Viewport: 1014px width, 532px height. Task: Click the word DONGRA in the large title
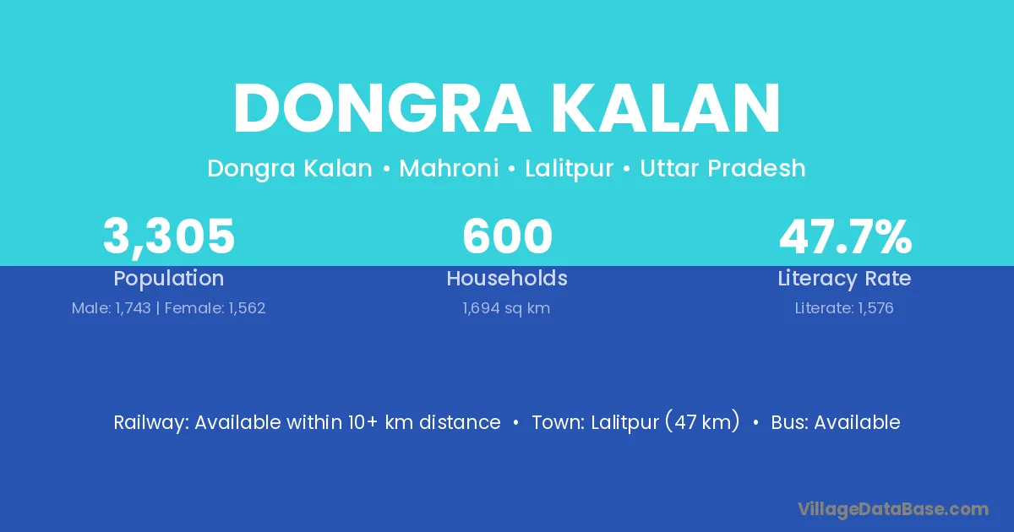tap(381, 109)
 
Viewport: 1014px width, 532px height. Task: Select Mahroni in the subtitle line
tap(449, 168)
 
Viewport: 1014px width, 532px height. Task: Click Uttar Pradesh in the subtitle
tap(722, 168)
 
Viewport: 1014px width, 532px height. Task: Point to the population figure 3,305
tap(169, 237)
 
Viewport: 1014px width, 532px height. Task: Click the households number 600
tap(508, 236)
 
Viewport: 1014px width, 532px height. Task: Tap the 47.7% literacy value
tap(845, 236)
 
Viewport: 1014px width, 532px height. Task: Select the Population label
tap(169, 279)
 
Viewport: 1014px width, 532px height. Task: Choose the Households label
tap(507, 278)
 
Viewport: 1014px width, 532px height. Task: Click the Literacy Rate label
tap(844, 279)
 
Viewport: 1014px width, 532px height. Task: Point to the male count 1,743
tap(134, 308)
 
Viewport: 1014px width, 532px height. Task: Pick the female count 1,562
tap(247, 308)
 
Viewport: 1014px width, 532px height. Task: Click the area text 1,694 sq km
tap(506, 308)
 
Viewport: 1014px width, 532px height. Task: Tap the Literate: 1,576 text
tap(844, 308)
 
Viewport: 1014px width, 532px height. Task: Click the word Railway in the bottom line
tap(151, 423)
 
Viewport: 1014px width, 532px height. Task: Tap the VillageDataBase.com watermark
tap(893, 509)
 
